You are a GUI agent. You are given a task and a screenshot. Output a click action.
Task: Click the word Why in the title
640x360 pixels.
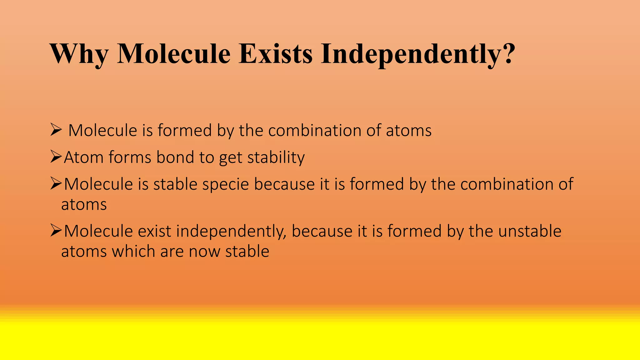pos(79,54)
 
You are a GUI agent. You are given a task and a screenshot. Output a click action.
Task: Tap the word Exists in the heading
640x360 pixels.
pos(275,54)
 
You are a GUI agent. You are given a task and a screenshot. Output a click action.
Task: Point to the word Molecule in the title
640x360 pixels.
pos(174,54)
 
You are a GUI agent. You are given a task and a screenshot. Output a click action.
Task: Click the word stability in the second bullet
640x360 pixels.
pos(276,157)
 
